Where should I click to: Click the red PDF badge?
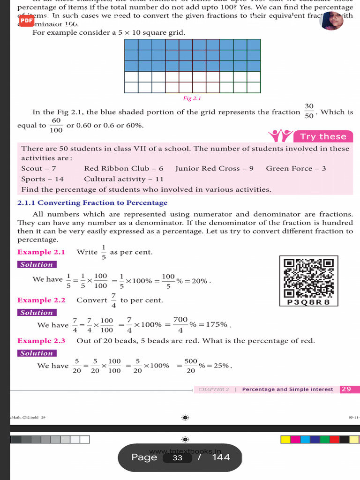point(27,21)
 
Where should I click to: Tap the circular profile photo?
point(331,21)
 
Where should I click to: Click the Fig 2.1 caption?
point(192,98)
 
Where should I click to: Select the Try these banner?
point(323,136)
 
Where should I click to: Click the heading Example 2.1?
point(41,252)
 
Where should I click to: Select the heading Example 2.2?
point(41,300)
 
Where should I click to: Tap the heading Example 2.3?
point(41,341)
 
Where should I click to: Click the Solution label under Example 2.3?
point(37,353)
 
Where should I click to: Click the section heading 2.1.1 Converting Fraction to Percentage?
point(92,203)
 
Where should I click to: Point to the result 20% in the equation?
point(199,281)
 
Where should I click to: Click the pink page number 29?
point(346,389)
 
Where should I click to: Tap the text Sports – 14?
point(43,179)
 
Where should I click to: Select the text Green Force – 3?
point(296,168)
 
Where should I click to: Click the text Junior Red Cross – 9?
point(214,168)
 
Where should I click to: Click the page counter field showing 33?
point(177,457)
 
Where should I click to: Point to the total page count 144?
point(221,457)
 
